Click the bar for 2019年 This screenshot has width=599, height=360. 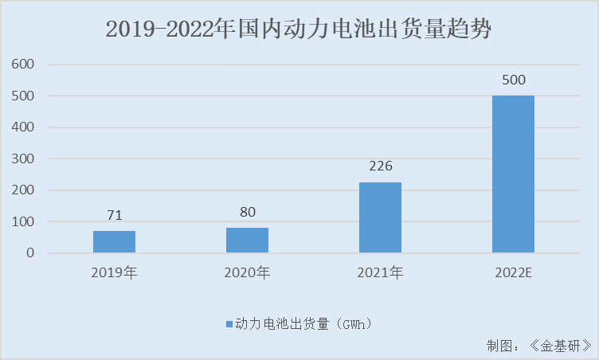114,242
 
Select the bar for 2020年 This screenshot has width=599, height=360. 247,241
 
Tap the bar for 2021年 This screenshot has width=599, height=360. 380,217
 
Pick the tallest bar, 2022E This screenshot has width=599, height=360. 513,174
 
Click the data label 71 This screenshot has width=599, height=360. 114,215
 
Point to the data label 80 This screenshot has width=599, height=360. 247,212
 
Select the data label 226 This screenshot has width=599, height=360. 380,166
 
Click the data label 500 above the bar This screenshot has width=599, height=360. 513,80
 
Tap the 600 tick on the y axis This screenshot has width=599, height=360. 25,64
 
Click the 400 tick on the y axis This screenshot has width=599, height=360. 25,127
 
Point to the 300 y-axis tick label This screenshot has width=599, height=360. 25,158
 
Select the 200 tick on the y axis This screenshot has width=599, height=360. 25,190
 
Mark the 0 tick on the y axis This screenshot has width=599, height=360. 30,253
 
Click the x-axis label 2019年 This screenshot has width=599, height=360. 114,273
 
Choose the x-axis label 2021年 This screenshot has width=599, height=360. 380,273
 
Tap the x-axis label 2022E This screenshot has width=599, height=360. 513,273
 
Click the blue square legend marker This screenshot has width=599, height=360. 229,325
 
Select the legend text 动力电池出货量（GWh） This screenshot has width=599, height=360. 303,325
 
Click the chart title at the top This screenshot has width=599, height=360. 299,30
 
